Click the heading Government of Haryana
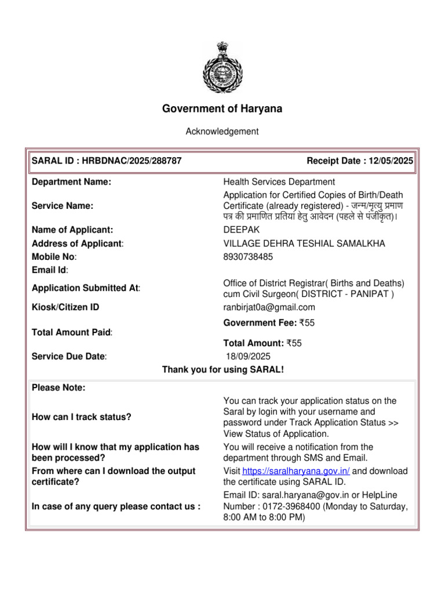click(222, 108)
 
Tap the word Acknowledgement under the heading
click(222, 132)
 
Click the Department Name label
click(71, 182)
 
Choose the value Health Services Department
click(279, 182)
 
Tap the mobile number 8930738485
click(248, 256)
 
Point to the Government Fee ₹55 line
click(262, 323)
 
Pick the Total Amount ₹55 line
click(262, 343)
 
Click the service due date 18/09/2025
click(247, 356)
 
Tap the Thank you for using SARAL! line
click(222, 370)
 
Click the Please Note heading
click(59, 388)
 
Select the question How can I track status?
click(81, 417)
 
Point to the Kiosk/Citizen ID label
click(65, 307)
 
